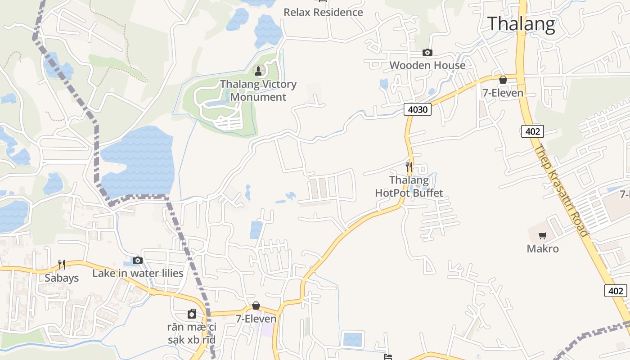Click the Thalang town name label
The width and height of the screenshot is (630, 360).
(x=521, y=24)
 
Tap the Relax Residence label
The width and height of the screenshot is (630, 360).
(x=323, y=12)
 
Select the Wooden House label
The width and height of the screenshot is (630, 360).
(x=427, y=65)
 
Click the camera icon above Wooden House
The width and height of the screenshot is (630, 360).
(x=427, y=53)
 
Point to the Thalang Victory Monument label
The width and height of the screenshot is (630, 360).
(x=258, y=90)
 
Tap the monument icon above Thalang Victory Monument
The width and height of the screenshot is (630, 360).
(x=258, y=71)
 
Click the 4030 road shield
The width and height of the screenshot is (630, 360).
(x=417, y=109)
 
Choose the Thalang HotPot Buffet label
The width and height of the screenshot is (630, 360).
(x=409, y=187)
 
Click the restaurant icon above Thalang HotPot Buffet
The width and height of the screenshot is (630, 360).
(x=409, y=166)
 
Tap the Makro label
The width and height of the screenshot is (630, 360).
(x=543, y=249)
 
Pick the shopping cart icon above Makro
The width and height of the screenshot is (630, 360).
(x=543, y=236)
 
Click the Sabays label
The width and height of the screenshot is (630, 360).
(x=62, y=278)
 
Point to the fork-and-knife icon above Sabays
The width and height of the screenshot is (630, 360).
(x=62, y=265)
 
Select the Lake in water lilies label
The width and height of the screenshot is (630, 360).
(x=138, y=273)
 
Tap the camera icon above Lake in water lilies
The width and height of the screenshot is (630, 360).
(x=138, y=260)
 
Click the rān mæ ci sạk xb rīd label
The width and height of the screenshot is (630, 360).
(x=192, y=333)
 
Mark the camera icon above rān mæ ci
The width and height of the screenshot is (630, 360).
(x=192, y=314)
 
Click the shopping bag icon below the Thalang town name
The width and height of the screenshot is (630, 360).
(x=503, y=80)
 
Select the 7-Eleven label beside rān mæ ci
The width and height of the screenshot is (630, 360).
(x=256, y=319)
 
